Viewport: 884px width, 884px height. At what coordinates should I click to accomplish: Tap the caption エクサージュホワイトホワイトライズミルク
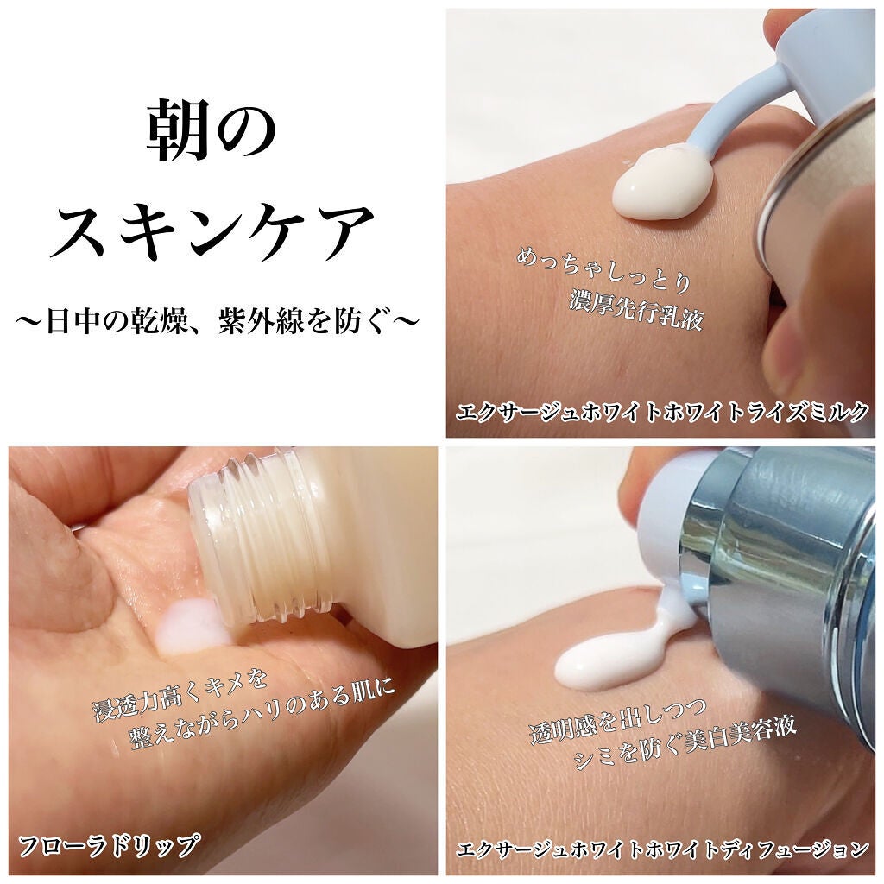tap(662, 412)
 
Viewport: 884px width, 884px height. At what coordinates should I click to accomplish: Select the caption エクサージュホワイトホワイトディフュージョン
tap(662, 849)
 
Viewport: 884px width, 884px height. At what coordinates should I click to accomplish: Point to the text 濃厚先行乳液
tap(636, 310)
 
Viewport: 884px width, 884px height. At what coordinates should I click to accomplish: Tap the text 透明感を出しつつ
tap(618, 719)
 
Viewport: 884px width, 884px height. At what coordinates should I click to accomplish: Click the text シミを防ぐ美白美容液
tap(685, 744)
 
